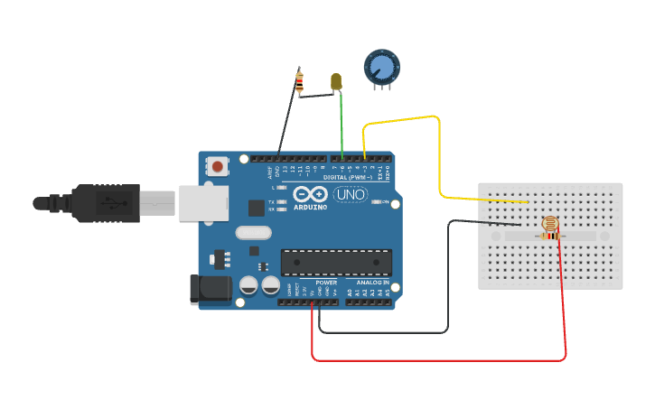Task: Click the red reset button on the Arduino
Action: [218, 166]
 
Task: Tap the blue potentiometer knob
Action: [381, 68]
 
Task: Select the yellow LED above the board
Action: [336, 81]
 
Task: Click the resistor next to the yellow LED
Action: [300, 83]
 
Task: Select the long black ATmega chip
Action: [336, 262]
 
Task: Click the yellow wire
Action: [439, 153]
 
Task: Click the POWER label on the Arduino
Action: [326, 283]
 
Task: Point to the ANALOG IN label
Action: [372, 283]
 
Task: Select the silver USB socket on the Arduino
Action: [202, 203]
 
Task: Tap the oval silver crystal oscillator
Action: [253, 233]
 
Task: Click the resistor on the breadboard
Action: [547, 237]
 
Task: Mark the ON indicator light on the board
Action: [378, 201]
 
